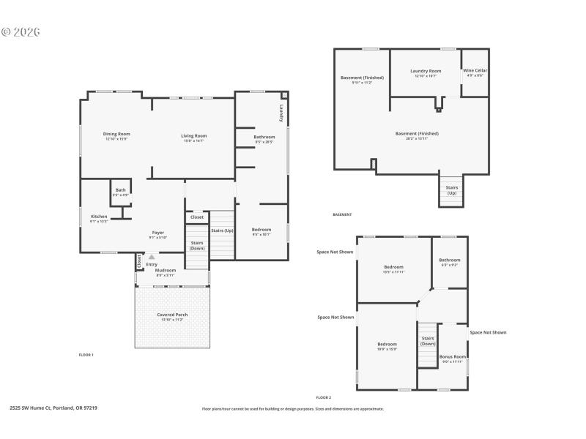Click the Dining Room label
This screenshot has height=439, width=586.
(x=116, y=135)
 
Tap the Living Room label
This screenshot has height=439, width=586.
(x=195, y=135)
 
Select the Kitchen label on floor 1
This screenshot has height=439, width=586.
(x=99, y=217)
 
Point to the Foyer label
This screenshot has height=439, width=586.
(x=158, y=233)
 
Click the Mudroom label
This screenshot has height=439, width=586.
(x=165, y=271)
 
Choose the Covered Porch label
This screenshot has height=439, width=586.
(x=172, y=315)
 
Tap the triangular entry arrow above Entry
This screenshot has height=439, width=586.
(x=152, y=257)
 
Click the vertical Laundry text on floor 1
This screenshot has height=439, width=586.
(x=281, y=113)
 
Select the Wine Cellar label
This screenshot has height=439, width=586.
(x=475, y=70)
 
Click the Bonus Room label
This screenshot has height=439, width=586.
(x=452, y=357)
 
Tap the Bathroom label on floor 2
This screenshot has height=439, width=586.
(x=450, y=260)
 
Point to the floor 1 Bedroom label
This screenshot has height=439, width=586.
(x=262, y=230)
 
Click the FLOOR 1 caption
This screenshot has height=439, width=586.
(x=86, y=355)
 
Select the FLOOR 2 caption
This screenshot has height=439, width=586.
(x=323, y=397)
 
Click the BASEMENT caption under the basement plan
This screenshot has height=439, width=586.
(x=342, y=214)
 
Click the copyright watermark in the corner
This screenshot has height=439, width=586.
(x=20, y=32)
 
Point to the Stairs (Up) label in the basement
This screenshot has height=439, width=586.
(x=451, y=190)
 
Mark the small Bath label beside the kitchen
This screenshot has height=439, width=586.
(x=120, y=190)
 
